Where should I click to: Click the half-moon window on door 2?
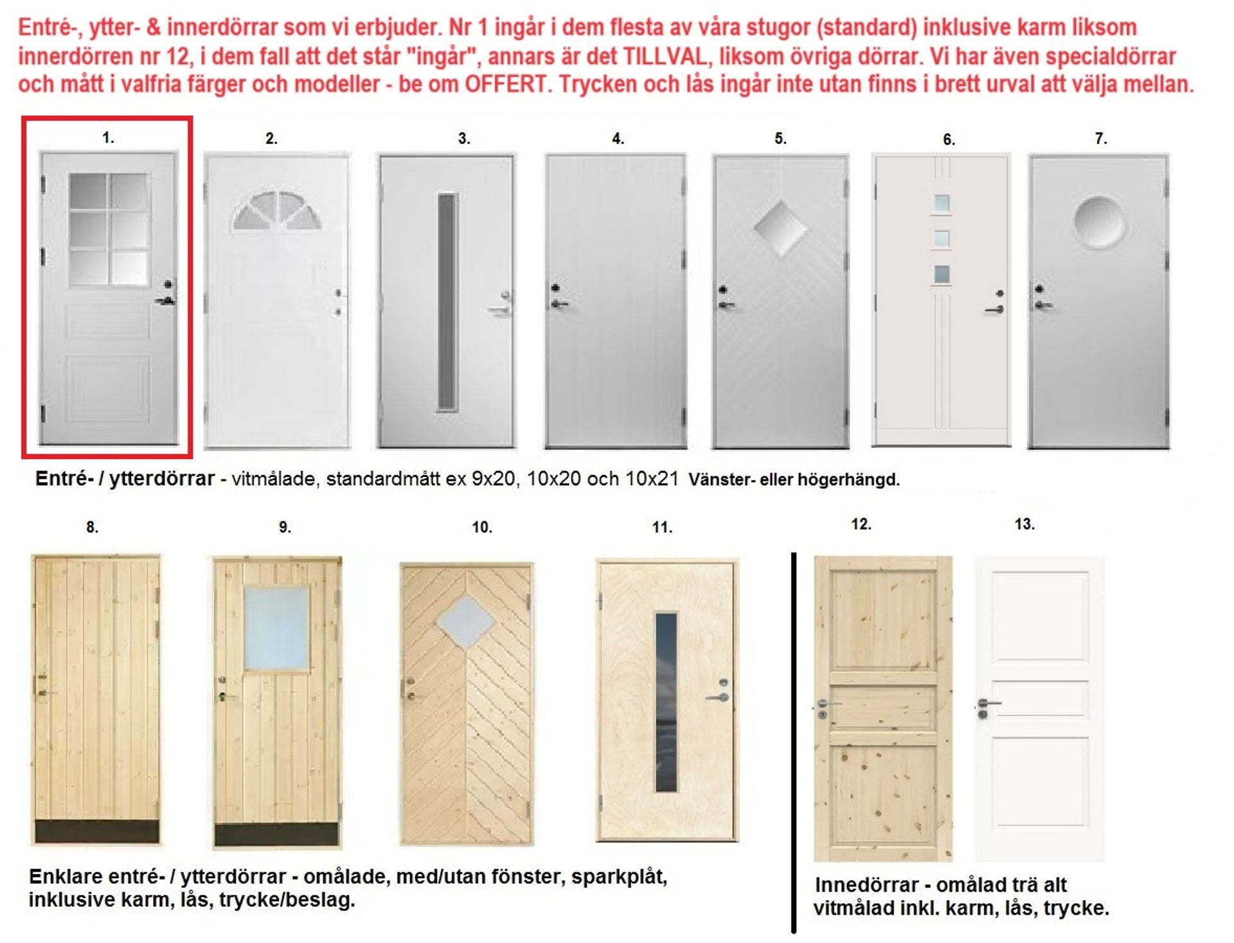pos(276,212)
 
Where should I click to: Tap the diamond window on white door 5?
pos(780,228)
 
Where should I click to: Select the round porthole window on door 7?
pos(1099,222)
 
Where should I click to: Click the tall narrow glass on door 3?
pos(447,301)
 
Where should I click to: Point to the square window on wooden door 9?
pos(277,629)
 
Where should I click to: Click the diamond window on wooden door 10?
pos(466,622)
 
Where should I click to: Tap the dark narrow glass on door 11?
pos(666,701)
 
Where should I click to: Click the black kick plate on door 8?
pos(96,831)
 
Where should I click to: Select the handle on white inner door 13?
pos(988,704)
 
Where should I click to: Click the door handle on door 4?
pos(559,303)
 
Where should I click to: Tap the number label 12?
pos(861,524)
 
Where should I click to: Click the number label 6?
pos(949,139)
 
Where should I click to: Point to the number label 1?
pos(108,137)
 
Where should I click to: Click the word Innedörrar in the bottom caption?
pos(866,885)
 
